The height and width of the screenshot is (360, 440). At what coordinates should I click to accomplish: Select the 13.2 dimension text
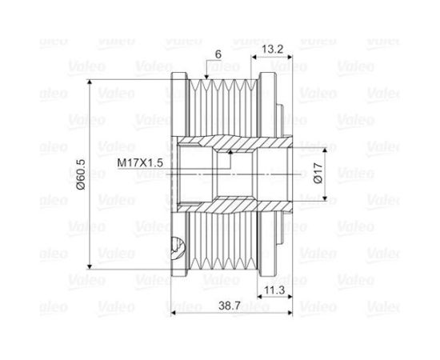point(274,48)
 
